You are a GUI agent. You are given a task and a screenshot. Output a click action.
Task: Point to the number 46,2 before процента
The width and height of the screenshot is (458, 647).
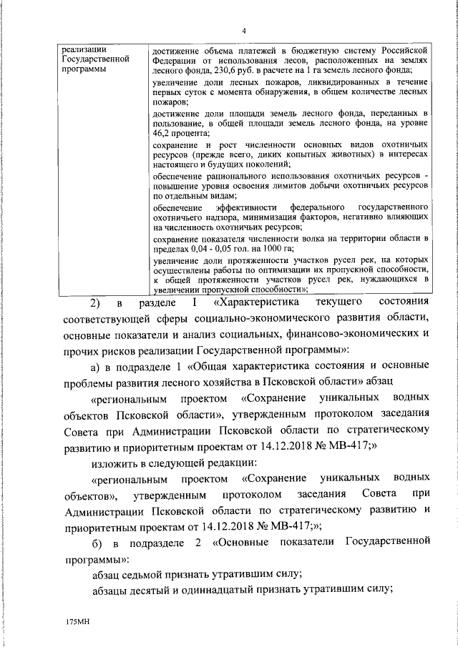(165, 134)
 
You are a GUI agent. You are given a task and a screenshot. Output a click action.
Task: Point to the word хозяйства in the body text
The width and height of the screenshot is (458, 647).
(230, 382)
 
